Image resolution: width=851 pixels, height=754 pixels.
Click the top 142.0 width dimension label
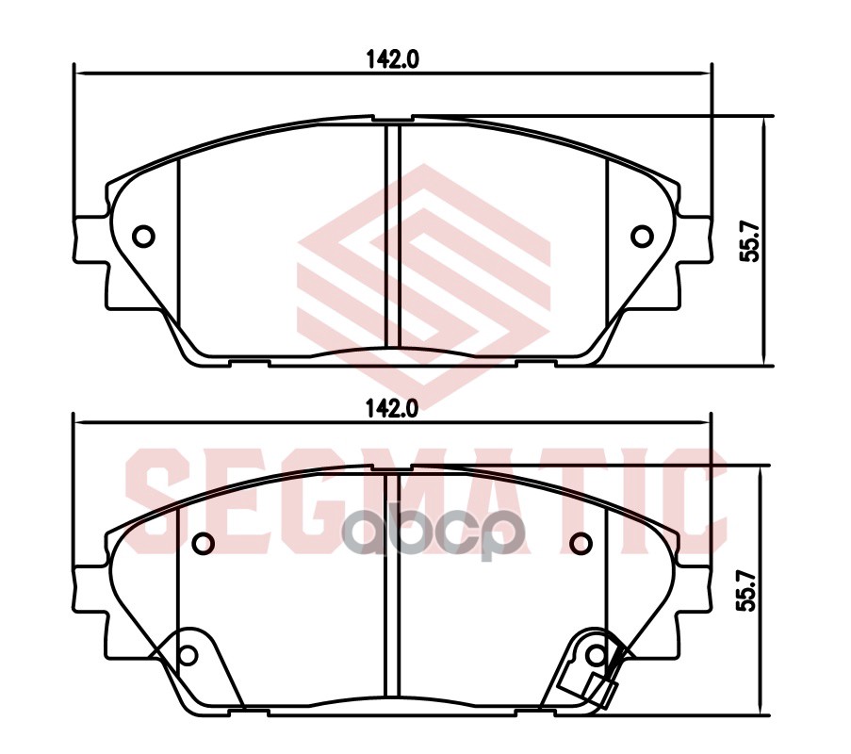392,57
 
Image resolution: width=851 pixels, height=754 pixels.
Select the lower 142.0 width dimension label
392,408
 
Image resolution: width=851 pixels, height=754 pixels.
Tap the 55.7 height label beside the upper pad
751,241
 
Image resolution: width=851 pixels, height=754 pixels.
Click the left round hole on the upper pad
144,236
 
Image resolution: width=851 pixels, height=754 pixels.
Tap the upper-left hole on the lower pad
204,542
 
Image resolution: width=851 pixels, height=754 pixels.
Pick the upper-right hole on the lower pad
581,542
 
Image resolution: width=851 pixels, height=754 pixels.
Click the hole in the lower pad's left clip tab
188,654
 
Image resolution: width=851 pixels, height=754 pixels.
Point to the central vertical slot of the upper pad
393,236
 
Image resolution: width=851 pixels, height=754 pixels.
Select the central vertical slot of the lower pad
393,584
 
